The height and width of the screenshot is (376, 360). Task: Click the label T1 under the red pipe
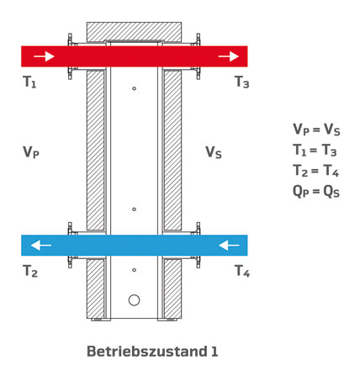click(x=29, y=82)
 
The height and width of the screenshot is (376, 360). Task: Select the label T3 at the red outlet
click(x=241, y=82)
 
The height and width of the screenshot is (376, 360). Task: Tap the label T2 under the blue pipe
click(x=30, y=271)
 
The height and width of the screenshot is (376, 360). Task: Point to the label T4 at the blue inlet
click(x=242, y=271)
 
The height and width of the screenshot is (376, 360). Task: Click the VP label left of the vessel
click(x=31, y=152)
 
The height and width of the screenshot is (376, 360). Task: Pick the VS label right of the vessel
click(x=214, y=152)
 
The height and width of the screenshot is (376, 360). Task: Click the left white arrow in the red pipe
click(x=44, y=56)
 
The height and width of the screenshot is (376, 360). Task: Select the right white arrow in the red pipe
click(x=228, y=56)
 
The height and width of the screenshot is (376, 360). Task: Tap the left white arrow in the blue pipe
click(x=41, y=246)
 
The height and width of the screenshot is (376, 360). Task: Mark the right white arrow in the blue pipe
click(x=229, y=246)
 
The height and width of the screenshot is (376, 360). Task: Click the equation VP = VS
click(x=316, y=130)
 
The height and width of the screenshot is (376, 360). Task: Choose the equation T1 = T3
click(x=315, y=151)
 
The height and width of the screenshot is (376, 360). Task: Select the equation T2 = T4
click(x=316, y=171)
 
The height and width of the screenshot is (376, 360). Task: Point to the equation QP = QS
click(x=316, y=192)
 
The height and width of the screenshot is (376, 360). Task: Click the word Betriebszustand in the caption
click(x=147, y=352)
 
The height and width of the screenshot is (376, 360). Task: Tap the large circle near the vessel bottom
click(x=134, y=300)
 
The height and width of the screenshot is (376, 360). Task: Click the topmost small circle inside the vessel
click(x=134, y=88)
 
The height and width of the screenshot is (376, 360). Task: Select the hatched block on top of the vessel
click(x=134, y=32)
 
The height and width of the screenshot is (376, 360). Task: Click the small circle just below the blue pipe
click(x=134, y=270)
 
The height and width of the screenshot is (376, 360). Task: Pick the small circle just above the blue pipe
click(x=134, y=209)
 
